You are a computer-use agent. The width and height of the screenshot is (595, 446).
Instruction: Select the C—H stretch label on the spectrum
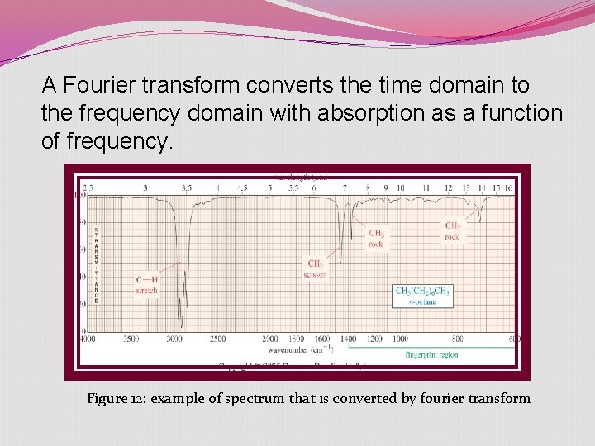click(146, 286)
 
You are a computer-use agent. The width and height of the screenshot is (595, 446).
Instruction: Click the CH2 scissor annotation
click(315, 268)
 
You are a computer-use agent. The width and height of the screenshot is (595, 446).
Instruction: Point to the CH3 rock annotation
click(376, 239)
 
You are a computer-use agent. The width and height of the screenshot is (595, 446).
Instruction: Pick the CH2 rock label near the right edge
click(453, 231)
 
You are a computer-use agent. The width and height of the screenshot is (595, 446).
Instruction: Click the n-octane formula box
click(422, 296)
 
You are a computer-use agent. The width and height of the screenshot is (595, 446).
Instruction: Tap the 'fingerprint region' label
click(431, 355)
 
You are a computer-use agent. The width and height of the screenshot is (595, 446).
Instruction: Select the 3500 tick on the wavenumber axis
click(131, 339)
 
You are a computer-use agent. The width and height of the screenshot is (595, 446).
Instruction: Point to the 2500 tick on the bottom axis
click(217, 339)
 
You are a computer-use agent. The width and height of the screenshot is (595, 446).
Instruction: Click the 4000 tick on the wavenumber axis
click(87, 339)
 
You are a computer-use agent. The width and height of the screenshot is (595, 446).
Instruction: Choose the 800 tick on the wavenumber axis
click(457, 339)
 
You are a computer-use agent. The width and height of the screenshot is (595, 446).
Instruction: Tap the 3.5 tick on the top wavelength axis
click(187, 188)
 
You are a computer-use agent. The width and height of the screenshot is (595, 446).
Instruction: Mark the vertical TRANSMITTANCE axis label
click(96, 264)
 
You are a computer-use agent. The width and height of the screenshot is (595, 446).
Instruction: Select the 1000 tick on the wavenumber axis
click(400, 339)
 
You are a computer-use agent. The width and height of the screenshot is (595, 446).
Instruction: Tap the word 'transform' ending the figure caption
click(499, 398)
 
